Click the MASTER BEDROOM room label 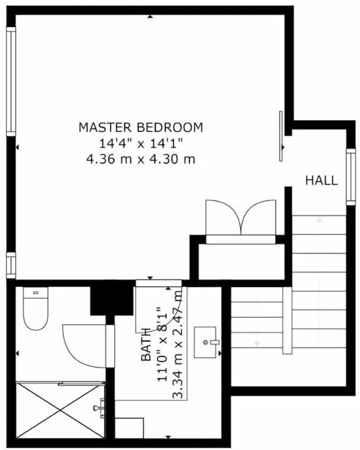click(141, 127)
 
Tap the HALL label click(321, 180)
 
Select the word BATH click(146, 345)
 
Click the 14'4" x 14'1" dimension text click(141, 143)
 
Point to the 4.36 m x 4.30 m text click(141, 159)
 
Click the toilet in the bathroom click(36, 309)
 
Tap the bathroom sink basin click(205, 342)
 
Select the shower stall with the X click(60, 410)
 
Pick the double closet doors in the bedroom click(241, 217)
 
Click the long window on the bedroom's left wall click(11, 81)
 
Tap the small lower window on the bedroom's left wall click(11, 265)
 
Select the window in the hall click(351, 177)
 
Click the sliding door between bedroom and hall click(281, 136)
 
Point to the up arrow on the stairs click(319, 220)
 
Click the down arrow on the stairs click(257, 343)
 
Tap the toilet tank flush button click(36, 293)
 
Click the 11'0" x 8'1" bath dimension click(162, 345)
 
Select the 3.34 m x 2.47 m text click(178, 345)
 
